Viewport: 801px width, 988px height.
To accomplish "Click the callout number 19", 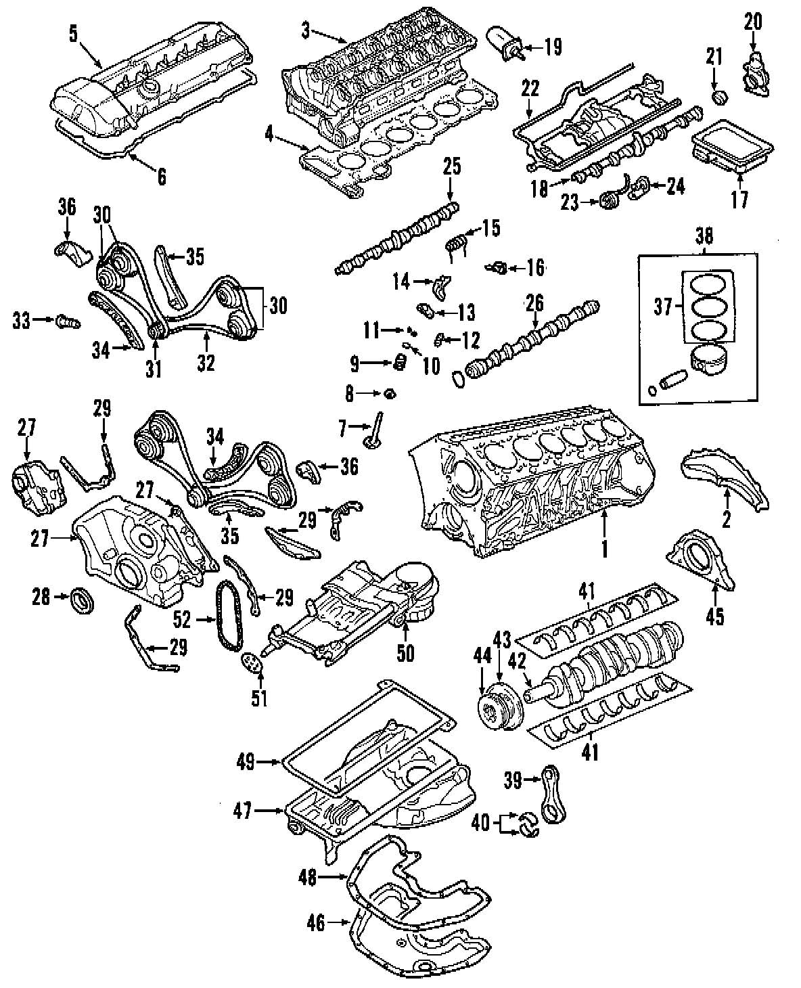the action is [552, 47].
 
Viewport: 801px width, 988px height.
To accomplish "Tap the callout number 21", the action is [714, 56].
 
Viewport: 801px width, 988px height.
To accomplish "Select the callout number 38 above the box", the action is [704, 236].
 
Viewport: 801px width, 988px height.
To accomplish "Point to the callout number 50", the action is [405, 653].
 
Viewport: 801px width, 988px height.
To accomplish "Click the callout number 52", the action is [182, 619].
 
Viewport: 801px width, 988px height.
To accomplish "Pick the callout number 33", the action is [22, 321].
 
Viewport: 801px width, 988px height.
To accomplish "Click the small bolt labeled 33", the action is [68, 321].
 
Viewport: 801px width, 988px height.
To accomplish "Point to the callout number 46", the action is [316, 923].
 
